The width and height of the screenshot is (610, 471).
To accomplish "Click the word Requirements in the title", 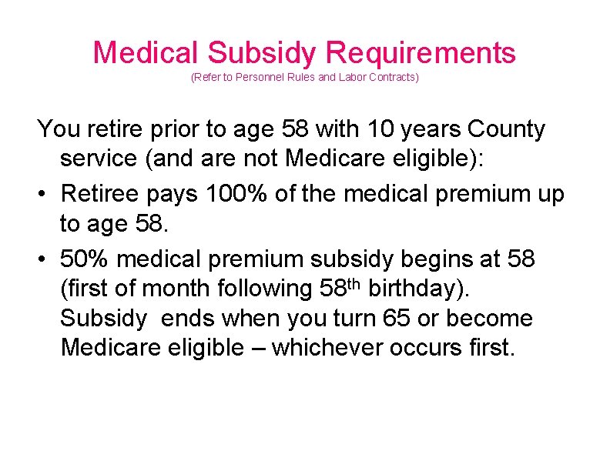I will click(x=421, y=53).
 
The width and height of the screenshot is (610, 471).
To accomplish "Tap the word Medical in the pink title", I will click(x=146, y=53).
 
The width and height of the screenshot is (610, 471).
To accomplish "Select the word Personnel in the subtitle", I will click(x=256, y=78).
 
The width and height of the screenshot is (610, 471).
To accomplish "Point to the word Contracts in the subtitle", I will click(x=389, y=78).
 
